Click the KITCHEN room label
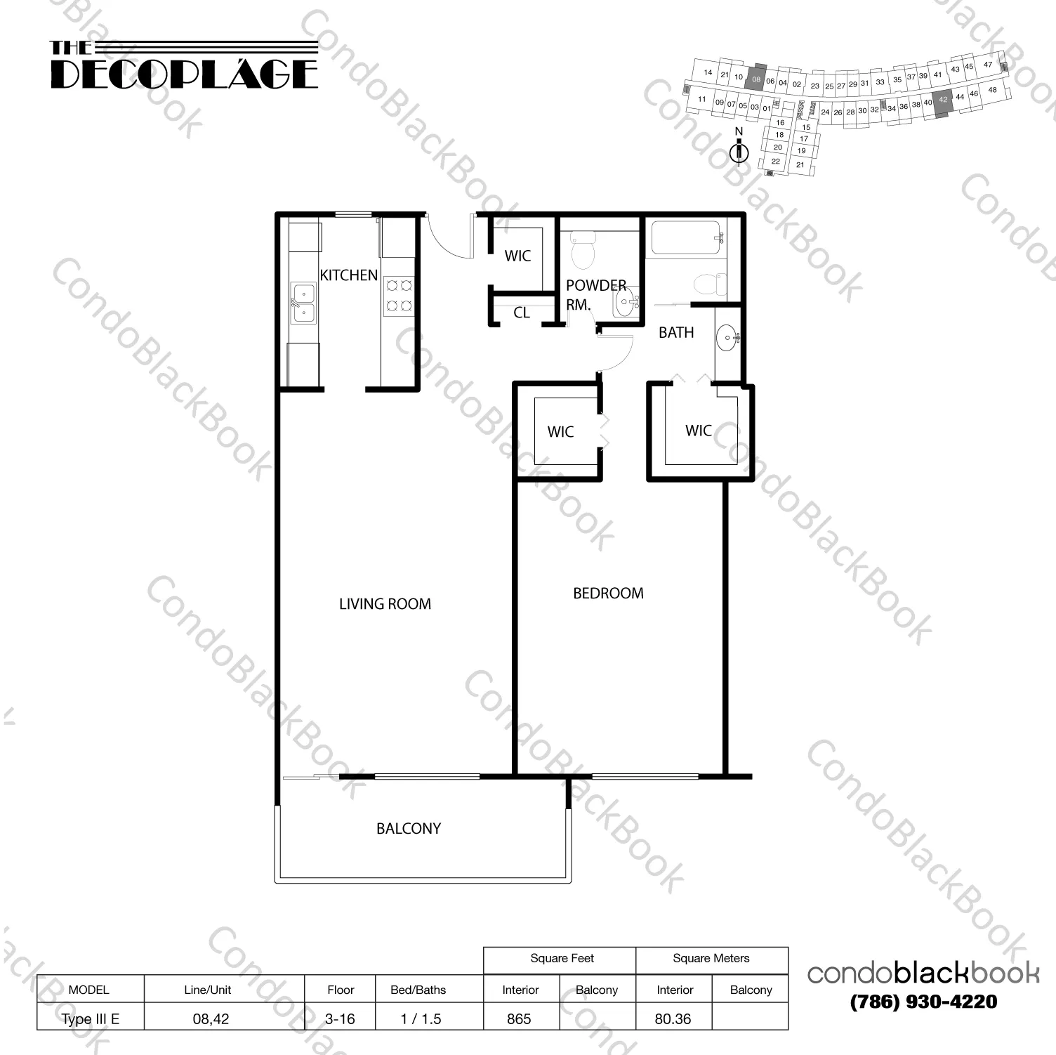(x=349, y=275)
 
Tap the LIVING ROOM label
(x=385, y=604)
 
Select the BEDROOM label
(x=608, y=594)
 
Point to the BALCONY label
(x=409, y=829)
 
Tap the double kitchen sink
(x=304, y=303)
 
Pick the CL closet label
(x=521, y=313)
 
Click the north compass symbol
(x=739, y=151)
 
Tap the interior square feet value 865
(x=519, y=1019)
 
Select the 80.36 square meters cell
(x=673, y=1019)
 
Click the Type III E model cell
(x=90, y=1019)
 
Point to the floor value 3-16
(x=340, y=1019)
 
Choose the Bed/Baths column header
(x=418, y=990)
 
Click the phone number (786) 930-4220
(x=923, y=1002)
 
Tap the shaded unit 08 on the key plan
(x=756, y=79)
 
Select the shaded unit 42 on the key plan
(x=943, y=100)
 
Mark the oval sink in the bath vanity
(x=727, y=339)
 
